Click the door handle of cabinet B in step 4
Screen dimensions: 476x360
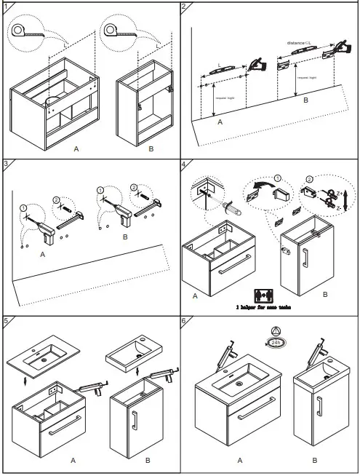(x=305, y=259)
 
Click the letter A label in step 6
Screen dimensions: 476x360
(x=240, y=461)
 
